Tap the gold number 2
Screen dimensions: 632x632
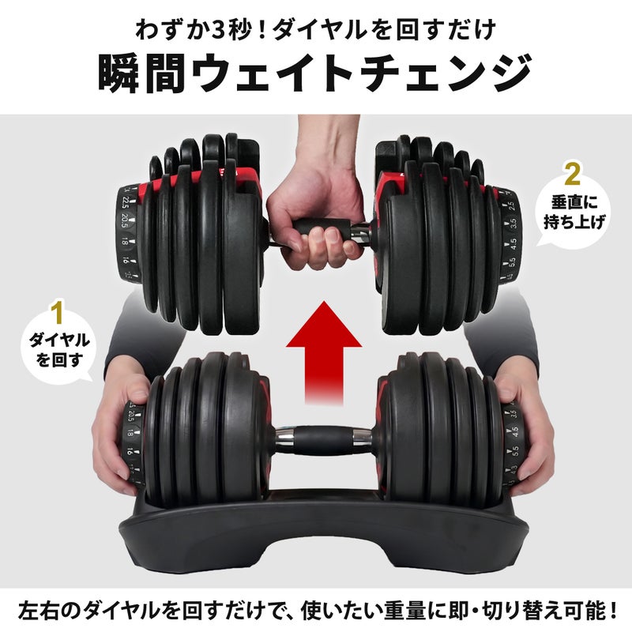pyautogui.click(x=572, y=174)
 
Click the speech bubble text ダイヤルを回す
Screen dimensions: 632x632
pyautogui.click(x=59, y=350)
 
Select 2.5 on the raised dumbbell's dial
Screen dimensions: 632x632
pyautogui.click(x=511, y=205)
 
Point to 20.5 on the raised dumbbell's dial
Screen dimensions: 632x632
pyautogui.click(x=124, y=222)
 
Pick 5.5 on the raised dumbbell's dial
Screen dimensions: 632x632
pyautogui.click(x=513, y=263)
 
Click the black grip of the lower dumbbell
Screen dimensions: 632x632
pyautogui.click(x=322, y=441)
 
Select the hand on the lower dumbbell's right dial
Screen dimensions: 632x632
pyautogui.click(x=524, y=435)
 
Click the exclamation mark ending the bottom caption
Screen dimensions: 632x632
pyautogui.click(x=612, y=610)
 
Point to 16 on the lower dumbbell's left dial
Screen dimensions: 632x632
pyautogui.click(x=130, y=451)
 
